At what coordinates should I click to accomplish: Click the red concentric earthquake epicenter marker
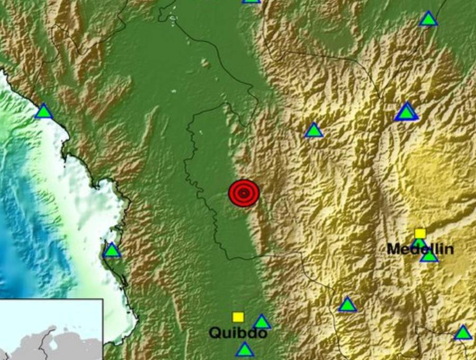[243, 193]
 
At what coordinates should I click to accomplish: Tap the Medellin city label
[420, 249]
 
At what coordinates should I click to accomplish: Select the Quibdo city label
[237, 333]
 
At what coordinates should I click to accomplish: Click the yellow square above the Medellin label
[420, 233]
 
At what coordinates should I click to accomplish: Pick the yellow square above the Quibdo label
[238, 317]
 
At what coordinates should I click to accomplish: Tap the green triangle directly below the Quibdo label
[245, 349]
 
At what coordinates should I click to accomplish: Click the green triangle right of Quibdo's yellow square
[262, 322]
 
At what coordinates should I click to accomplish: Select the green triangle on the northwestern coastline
[44, 111]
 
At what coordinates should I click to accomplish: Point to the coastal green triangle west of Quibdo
[112, 250]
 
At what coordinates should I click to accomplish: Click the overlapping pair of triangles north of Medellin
[406, 112]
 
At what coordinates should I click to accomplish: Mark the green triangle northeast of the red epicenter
[314, 130]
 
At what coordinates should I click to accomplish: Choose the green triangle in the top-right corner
[428, 19]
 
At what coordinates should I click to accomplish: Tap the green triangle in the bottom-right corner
[463, 333]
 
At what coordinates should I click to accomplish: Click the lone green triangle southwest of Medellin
[347, 304]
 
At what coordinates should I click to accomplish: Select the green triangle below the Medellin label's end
[429, 256]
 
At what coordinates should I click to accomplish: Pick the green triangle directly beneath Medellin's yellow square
[419, 243]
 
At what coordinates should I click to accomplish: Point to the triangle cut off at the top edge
[252, 1]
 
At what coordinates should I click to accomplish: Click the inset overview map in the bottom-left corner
[51, 329]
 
